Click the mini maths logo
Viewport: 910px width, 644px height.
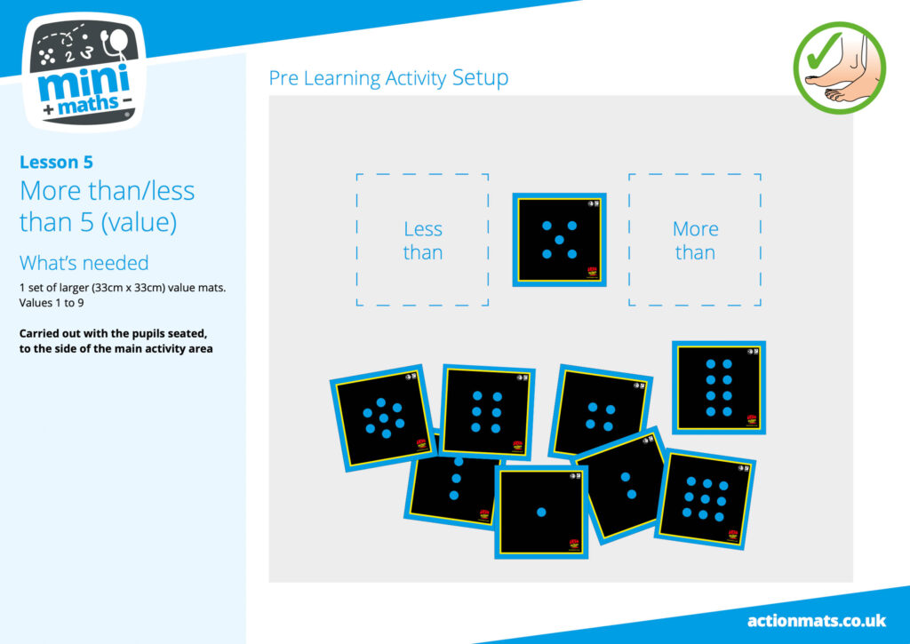pyautogui.click(x=84, y=72)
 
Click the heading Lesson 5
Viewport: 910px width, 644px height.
pyautogui.click(x=56, y=162)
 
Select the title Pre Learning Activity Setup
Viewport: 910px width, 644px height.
pyautogui.click(x=388, y=78)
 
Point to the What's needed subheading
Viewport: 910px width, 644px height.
pyautogui.click(x=84, y=263)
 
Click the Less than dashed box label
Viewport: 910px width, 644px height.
pyautogui.click(x=423, y=241)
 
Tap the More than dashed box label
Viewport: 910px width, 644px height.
pyautogui.click(x=695, y=241)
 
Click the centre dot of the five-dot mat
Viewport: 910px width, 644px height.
pyautogui.click(x=560, y=240)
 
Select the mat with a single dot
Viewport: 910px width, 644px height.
pyautogui.click(x=541, y=513)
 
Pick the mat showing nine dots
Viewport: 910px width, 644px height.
pyautogui.click(x=705, y=499)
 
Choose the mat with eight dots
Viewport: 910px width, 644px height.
pyautogui.click(x=719, y=387)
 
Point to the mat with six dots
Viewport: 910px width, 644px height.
pyautogui.click(x=486, y=411)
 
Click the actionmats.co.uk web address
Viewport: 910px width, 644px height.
pyautogui.click(x=817, y=621)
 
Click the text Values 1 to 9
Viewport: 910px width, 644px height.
pyautogui.click(x=52, y=303)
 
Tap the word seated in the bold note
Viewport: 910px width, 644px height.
pyautogui.click(x=188, y=334)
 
